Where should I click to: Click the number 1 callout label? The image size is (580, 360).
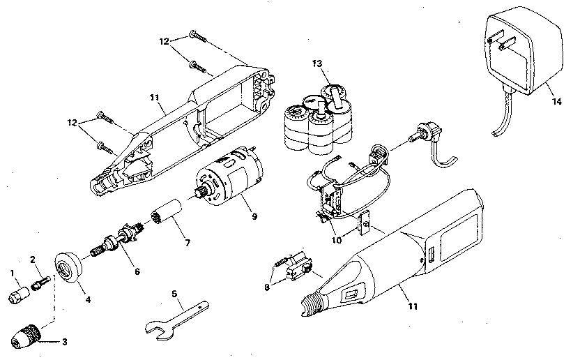[11, 272]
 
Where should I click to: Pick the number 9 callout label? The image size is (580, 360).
[254, 216]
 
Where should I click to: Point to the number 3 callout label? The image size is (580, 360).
[65, 342]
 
